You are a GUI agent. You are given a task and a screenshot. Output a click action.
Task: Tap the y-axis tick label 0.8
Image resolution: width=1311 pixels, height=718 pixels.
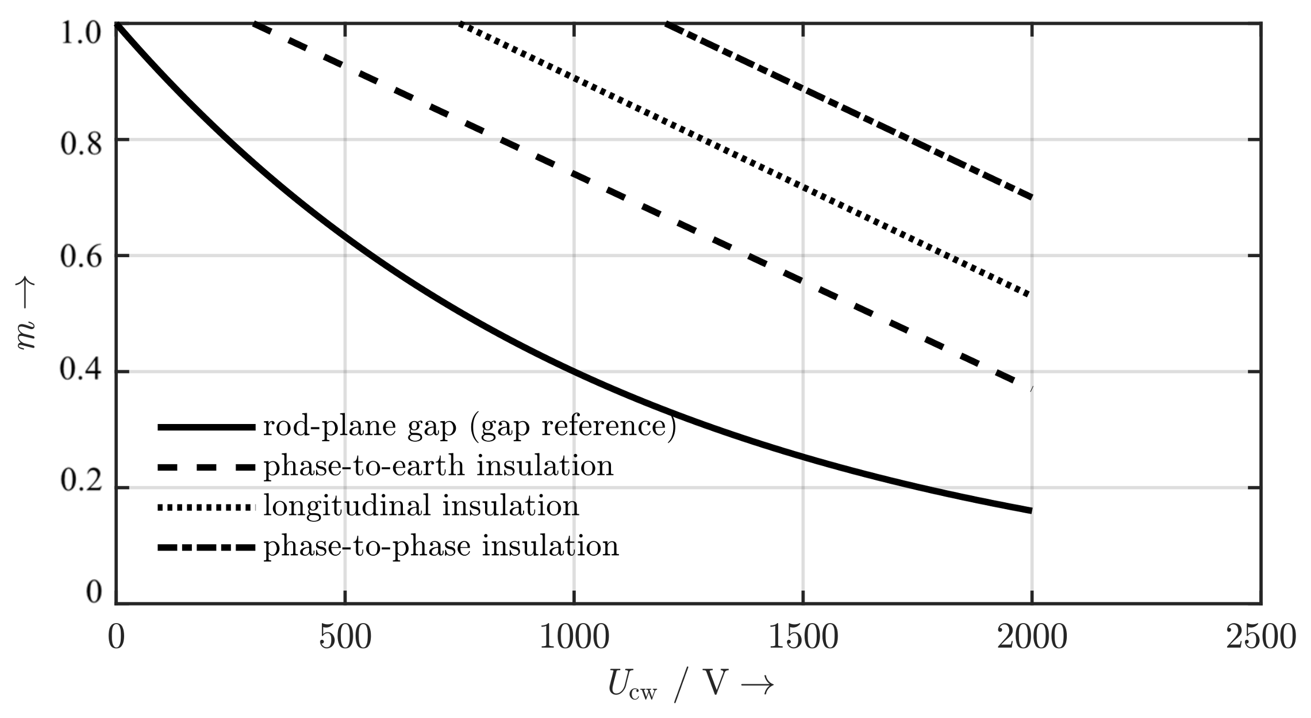pos(81,144)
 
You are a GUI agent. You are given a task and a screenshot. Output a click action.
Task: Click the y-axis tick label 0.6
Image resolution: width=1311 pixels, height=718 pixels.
pos(81,257)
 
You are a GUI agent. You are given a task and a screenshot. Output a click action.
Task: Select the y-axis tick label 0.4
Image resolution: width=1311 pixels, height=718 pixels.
pos(81,369)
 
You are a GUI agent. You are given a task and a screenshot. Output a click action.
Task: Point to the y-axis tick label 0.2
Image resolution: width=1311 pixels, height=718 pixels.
pos(81,482)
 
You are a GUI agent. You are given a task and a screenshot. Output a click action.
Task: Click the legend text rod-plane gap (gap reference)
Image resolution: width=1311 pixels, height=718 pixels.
pos(470,427)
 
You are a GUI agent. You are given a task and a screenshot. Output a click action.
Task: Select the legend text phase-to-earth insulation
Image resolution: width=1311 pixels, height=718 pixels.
pos(439,466)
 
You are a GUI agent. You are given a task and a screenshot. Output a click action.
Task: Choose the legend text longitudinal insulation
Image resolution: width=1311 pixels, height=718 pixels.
pos(421,506)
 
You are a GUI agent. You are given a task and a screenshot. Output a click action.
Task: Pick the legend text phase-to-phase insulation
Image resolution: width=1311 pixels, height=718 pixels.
pos(441,545)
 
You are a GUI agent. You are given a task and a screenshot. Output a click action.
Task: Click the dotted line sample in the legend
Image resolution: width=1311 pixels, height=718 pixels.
pos(206,507)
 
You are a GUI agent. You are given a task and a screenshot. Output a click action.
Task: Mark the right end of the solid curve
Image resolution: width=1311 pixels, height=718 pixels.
pos(1031,510)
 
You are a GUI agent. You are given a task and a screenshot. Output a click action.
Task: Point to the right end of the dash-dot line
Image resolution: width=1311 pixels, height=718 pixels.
pos(1031,197)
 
